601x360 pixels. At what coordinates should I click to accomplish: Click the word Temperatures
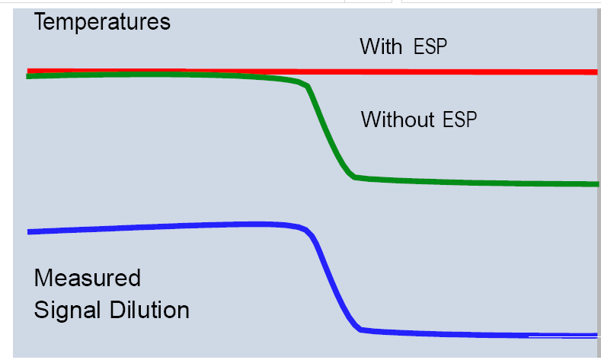coord(102,22)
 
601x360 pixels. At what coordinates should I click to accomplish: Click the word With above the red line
coord(381,46)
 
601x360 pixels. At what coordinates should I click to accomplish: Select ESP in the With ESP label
coord(430,46)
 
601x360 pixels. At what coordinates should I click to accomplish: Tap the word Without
coord(398,119)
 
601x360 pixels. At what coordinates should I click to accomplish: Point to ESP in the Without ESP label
coord(460,119)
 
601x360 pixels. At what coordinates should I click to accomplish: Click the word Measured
coord(88,278)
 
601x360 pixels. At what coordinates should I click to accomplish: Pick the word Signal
coord(68,311)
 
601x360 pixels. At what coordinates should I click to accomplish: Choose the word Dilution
coord(149,310)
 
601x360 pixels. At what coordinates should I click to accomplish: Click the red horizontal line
coord(312,72)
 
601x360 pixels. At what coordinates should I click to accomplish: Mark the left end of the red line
coord(27,71)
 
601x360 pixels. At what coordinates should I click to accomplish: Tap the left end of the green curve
coord(27,77)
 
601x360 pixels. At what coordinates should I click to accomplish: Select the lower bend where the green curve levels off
coord(353,177)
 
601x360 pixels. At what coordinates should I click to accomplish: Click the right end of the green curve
coord(598,185)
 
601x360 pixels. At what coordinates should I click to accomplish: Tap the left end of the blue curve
coord(28,232)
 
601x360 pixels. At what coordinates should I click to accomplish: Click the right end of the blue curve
coord(596,336)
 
